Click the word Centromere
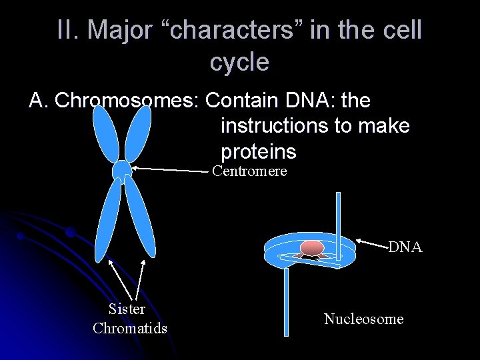(249, 171)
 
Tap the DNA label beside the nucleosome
(405, 247)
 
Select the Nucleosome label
(363, 319)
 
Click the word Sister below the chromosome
(127, 309)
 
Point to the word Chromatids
(130, 328)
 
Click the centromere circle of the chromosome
(122, 169)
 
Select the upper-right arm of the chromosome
(138, 133)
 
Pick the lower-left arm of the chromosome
(108, 220)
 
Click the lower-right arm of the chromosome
(140, 217)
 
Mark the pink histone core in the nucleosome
(311, 247)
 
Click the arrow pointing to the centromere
(170, 170)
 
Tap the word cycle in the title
(239, 62)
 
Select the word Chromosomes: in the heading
(127, 101)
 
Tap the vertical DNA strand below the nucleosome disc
(285, 300)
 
